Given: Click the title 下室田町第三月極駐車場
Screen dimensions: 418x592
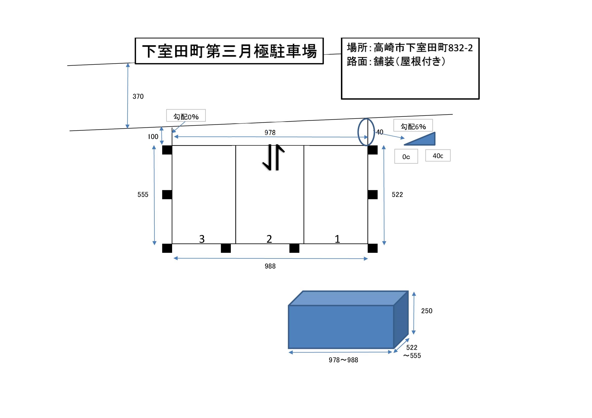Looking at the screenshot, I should coord(229,51).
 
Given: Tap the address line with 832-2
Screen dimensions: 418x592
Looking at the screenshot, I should coord(410,48).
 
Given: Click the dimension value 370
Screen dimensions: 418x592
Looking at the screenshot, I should coord(138,97).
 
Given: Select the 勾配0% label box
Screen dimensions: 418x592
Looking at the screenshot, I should coord(186,116).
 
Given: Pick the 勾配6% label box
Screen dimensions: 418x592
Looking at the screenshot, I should coord(413,126).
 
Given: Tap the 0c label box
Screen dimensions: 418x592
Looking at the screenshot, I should coord(406,157).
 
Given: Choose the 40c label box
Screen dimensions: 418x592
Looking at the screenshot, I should coord(438,156).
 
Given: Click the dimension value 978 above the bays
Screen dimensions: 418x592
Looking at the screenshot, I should coord(270,133).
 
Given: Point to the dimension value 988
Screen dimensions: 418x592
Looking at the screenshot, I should coord(270,266).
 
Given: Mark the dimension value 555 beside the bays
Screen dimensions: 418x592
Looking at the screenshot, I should coord(143,194).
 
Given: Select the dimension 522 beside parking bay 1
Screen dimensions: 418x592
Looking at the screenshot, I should coord(397,194).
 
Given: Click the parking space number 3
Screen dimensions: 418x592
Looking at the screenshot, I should coord(202,239).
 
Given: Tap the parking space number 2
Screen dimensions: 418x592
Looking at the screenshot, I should coord(269,239).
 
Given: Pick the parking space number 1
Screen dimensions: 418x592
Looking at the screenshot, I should coord(337,239).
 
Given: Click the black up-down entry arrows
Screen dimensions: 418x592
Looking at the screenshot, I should coord(273,157).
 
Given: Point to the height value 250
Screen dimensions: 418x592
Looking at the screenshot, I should coord(427,311).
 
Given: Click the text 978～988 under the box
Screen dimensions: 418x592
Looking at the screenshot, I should coord(343,360).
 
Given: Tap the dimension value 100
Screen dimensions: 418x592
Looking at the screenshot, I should coord(153,137).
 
